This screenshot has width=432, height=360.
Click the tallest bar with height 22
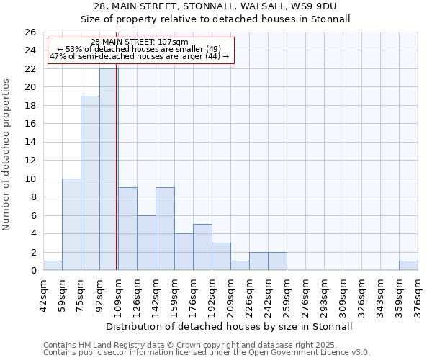(x=109, y=169)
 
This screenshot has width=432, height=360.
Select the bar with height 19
(x=90, y=183)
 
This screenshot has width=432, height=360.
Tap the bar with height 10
(x=71, y=224)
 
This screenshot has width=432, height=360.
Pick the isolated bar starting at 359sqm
(x=408, y=266)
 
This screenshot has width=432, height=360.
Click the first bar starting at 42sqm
(x=53, y=266)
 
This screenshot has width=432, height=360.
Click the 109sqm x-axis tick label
(x=119, y=294)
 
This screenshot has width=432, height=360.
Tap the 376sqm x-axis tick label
(x=418, y=294)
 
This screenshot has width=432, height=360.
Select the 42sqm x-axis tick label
(x=44, y=294)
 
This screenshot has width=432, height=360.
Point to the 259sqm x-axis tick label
(x=287, y=294)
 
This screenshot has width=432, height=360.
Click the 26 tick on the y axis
(x=30, y=32)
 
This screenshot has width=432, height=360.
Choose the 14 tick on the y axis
(x=30, y=142)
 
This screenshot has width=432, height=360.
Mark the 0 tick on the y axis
(x=33, y=270)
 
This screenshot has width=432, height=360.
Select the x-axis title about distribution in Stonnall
(x=228, y=326)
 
